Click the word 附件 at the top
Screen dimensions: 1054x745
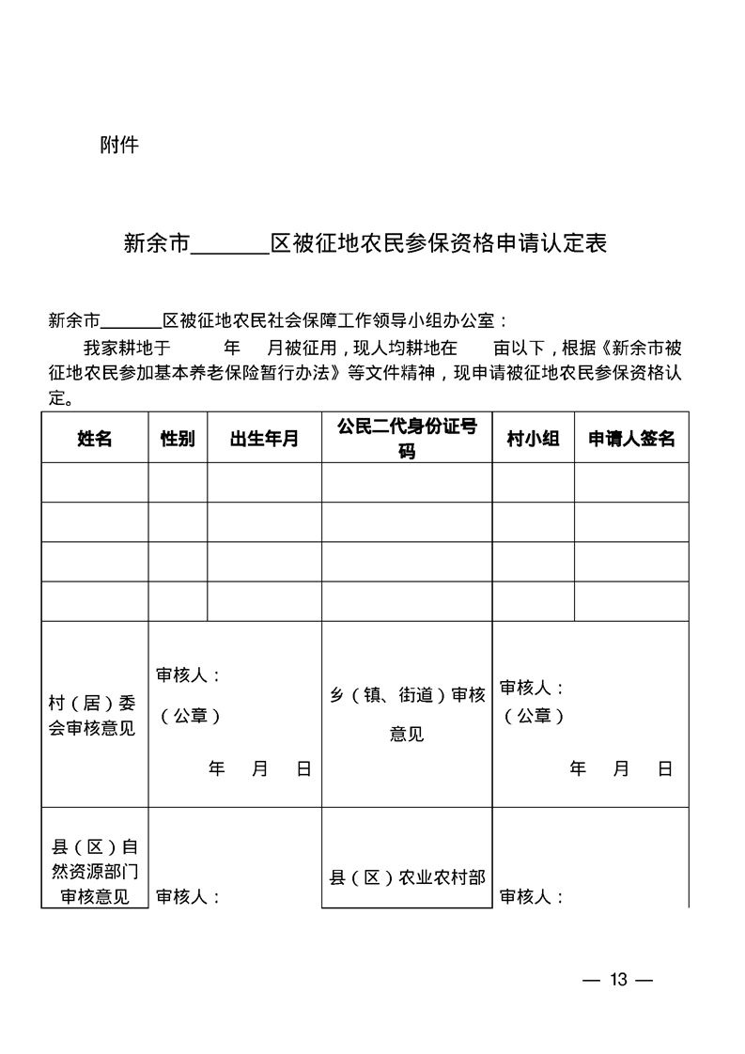coord(119,146)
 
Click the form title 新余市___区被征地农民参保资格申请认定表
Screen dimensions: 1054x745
coord(365,244)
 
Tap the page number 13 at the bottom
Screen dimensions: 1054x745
coord(617,980)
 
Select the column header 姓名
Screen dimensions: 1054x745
coord(94,439)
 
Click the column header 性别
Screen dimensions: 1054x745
coord(178,439)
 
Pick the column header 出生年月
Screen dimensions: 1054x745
coord(264,439)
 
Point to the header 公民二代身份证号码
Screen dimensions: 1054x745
coord(407,439)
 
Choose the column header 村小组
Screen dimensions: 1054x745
coord(533,439)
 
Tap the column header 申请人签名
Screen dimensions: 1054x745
coord(631,439)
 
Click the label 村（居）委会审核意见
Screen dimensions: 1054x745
coord(93,715)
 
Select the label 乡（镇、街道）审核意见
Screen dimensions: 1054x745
coord(407,714)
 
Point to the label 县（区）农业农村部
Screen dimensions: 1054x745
coord(407,877)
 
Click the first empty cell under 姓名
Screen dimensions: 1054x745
coord(94,482)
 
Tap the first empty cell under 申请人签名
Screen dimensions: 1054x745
coord(631,482)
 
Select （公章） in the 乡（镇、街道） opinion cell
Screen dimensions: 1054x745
coord(534,716)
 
